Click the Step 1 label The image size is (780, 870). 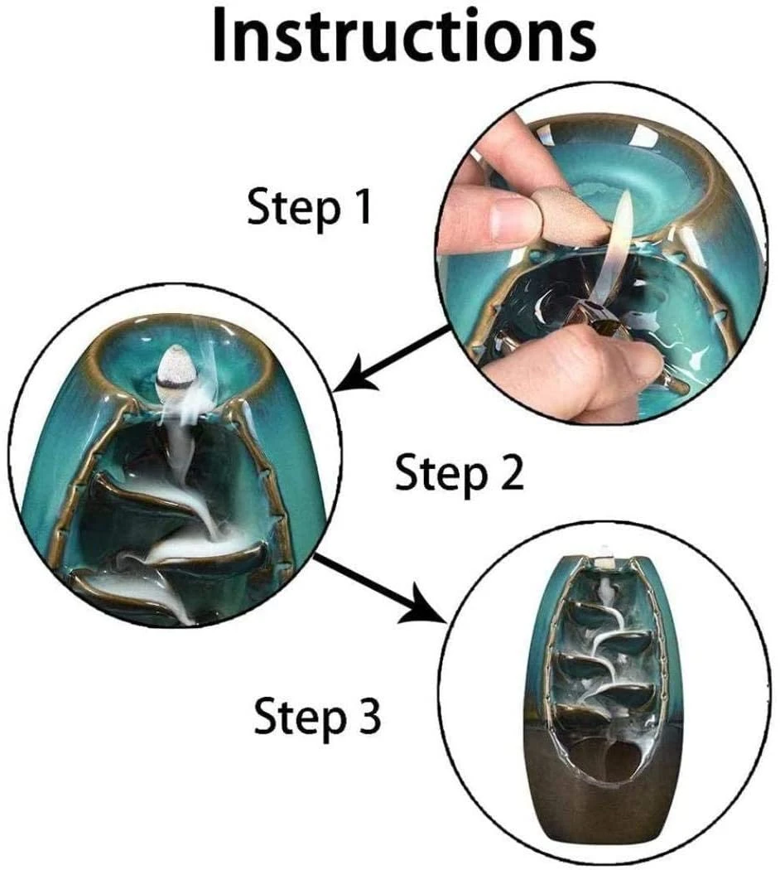(x=309, y=208)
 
